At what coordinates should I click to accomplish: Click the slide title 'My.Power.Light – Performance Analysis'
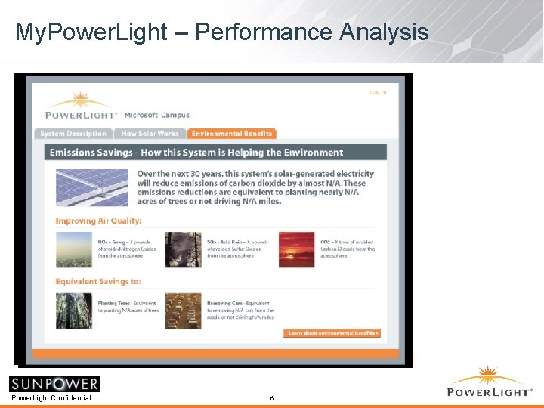coord(221,32)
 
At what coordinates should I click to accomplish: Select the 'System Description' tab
coord(73,134)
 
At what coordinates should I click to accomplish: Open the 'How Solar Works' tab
coord(150,134)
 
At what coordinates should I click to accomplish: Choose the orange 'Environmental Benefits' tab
coord(232,134)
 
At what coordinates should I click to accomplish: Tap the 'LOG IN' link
coord(378,92)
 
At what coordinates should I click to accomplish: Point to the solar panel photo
coord(92,187)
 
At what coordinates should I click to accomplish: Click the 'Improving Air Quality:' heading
coord(98,221)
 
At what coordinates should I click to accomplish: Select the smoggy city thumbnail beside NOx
coord(74,249)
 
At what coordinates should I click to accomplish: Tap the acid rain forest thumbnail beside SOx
coord(184,249)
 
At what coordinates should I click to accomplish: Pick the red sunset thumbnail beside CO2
coord(296,249)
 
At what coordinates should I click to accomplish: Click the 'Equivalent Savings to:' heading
coord(98,282)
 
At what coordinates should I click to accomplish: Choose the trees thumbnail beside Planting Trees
coord(74,311)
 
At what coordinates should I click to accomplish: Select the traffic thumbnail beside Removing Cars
coord(184,311)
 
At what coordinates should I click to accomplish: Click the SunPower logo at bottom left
coord(54,384)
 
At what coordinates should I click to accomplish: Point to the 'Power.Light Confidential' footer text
coord(51,398)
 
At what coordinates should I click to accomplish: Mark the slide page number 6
coord(272,398)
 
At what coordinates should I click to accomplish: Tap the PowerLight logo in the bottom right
coord(490,382)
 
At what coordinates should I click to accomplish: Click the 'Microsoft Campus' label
coord(153,115)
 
